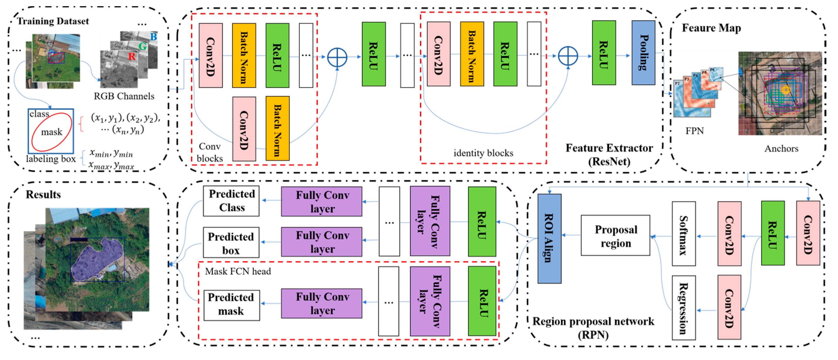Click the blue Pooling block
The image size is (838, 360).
pyautogui.click(x=643, y=53)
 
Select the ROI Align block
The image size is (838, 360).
pyautogui.click(x=549, y=238)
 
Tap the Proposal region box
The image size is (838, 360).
pyautogui.click(x=615, y=235)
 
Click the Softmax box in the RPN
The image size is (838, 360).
pyautogui.click(x=684, y=233)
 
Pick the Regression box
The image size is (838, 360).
pyautogui.click(x=684, y=308)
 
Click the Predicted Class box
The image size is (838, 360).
pyautogui.click(x=231, y=201)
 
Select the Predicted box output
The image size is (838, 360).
pyautogui.click(x=231, y=243)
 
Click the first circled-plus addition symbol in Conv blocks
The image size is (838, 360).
pyautogui.click(x=337, y=58)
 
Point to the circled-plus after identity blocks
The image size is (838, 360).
pyautogui.click(x=568, y=56)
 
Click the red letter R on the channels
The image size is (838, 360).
pyautogui.click(x=132, y=56)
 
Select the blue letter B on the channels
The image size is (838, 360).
pyautogui.click(x=154, y=36)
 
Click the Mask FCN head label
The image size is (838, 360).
pyautogui.click(x=238, y=271)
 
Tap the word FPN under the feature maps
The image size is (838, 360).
pyautogui.click(x=694, y=131)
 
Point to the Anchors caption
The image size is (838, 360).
pyautogui.click(x=781, y=149)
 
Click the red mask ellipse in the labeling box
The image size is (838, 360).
pyautogui.click(x=52, y=132)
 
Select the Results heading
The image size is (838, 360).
pyautogui.click(x=43, y=194)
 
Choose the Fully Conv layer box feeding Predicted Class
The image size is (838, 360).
pyautogui.click(x=321, y=201)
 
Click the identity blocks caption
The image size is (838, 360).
pyautogui.click(x=483, y=153)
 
